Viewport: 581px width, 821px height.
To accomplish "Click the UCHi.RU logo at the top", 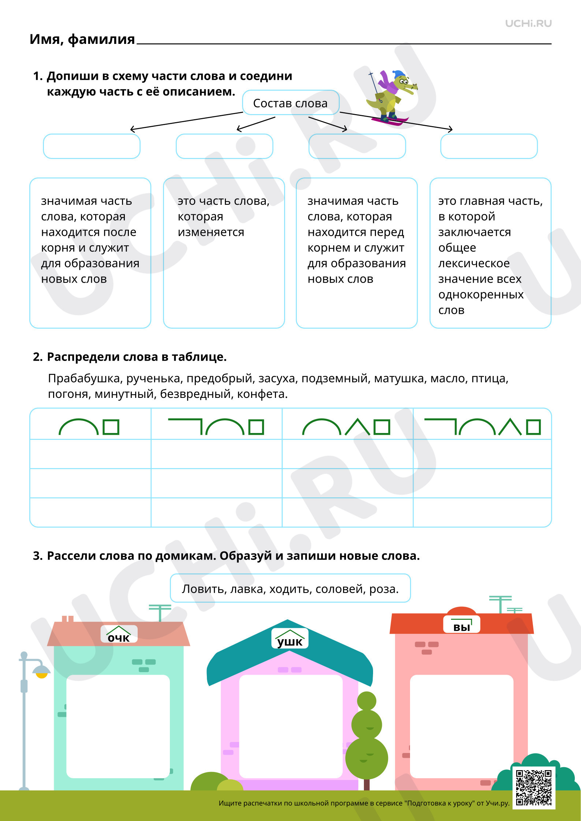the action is pos(528,24).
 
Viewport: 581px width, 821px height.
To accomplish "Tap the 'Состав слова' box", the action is pos(291,103).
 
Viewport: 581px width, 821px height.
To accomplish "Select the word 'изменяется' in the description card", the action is pos(211,232).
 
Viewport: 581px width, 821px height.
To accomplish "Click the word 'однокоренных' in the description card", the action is pos(481,294).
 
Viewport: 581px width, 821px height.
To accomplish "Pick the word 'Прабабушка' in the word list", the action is pos(85,378).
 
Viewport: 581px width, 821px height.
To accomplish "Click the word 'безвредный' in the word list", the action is pos(195,394).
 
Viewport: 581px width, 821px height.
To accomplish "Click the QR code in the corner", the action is pos(534,788).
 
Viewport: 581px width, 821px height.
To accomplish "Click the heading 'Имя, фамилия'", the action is pos(82,39).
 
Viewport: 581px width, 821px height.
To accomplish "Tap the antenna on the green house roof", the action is pos(160,613).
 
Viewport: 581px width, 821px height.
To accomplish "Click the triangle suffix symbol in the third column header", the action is pos(357,427).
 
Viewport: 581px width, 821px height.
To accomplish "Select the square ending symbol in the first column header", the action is pos(111,427).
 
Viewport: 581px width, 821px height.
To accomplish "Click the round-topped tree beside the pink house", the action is pos(366,737).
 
